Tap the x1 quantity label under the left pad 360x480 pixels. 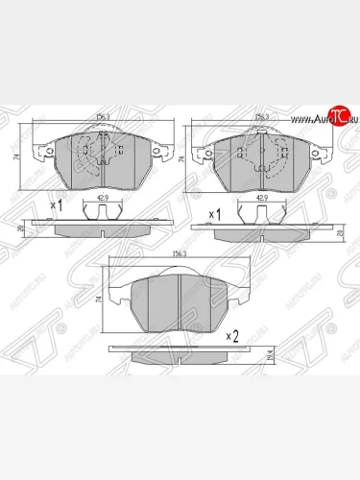pos(56,206)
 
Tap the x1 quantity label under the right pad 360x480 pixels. pos(216,209)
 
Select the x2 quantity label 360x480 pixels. pos(231,336)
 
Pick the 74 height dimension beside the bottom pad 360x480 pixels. pos(99,300)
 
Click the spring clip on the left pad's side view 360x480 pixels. pos(100,213)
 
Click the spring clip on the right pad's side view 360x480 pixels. pos(259,213)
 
